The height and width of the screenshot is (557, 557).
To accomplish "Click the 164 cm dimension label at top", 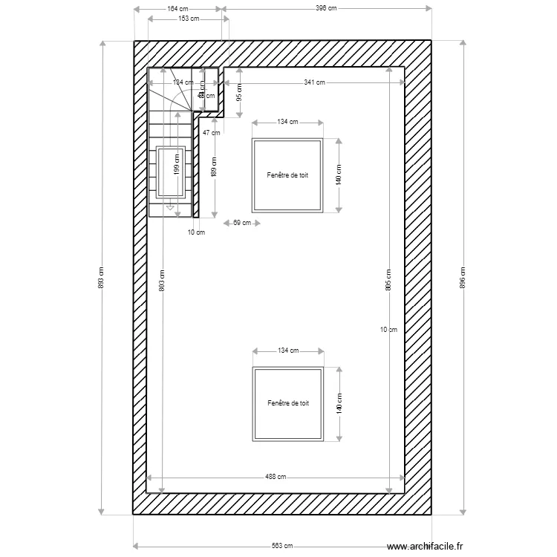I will (177, 9).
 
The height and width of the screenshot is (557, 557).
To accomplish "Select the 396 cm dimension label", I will (326, 9).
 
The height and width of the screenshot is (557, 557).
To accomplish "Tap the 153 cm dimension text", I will (189, 19).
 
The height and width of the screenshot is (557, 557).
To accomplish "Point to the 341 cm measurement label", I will (315, 82).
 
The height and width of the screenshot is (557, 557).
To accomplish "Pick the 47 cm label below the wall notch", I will (211, 133).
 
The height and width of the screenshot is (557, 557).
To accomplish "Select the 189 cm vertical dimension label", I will (214, 170).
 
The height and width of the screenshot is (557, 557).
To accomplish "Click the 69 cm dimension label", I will (241, 223).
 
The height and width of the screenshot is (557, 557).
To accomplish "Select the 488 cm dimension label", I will (276, 478).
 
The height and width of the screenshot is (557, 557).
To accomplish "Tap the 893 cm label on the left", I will (101, 277).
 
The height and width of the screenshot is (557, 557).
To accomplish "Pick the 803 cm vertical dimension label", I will (163, 277).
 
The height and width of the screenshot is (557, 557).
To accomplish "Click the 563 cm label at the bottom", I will (281, 546).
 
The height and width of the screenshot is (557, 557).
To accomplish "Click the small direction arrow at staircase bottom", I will (170, 208).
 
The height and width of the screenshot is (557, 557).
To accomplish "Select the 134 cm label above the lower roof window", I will (288, 351).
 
